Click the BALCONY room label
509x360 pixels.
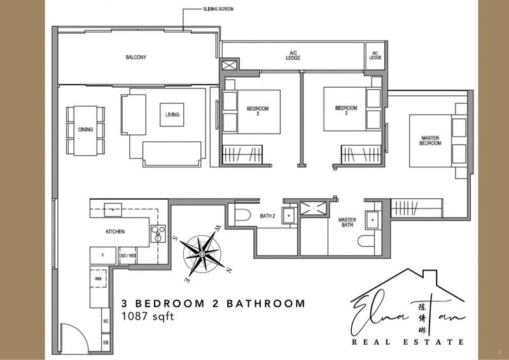point(136,57)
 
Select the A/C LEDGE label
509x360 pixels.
point(293,55)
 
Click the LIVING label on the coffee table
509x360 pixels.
point(172,114)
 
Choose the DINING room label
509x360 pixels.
point(85,130)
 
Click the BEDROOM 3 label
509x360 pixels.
point(257,111)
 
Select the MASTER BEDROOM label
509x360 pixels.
point(430,141)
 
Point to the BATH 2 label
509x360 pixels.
point(267,216)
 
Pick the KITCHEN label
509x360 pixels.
point(115,231)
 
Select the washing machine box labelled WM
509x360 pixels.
point(98,279)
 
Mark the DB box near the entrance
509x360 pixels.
point(106,342)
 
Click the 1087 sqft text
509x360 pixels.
point(146,316)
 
